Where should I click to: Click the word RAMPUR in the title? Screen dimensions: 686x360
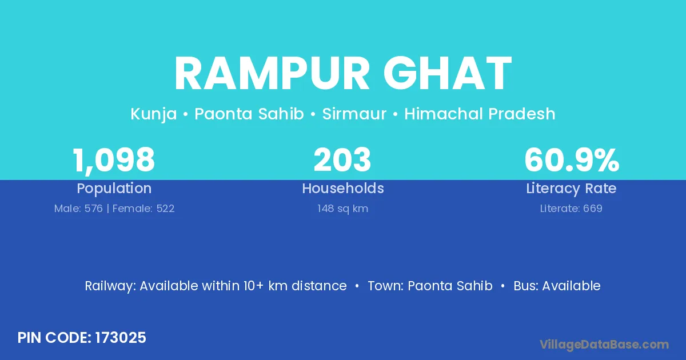click(x=272, y=73)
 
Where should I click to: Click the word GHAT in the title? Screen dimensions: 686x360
click(x=448, y=73)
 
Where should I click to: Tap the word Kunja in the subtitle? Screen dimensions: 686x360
click(x=154, y=114)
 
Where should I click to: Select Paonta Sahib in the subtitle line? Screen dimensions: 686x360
click(x=249, y=114)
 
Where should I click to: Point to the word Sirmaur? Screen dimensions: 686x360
click(x=354, y=114)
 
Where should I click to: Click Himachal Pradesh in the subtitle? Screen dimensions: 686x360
click(x=480, y=114)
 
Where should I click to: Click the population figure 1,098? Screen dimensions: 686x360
click(x=114, y=161)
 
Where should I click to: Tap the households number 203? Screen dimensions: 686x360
click(x=342, y=159)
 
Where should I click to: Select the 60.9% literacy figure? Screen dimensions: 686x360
click(x=572, y=159)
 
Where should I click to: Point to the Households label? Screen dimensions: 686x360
click(x=343, y=188)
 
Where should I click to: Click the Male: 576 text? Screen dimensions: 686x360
click(x=78, y=209)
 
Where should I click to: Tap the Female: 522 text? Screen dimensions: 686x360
click(x=143, y=209)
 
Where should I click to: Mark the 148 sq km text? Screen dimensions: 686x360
click(x=342, y=209)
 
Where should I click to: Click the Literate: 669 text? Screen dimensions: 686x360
click(x=571, y=209)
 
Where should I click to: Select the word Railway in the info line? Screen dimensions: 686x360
click(x=110, y=286)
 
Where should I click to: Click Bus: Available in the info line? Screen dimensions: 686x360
click(x=557, y=286)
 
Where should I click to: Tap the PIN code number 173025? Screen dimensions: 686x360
click(x=121, y=338)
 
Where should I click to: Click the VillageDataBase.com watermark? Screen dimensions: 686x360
click(x=604, y=345)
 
